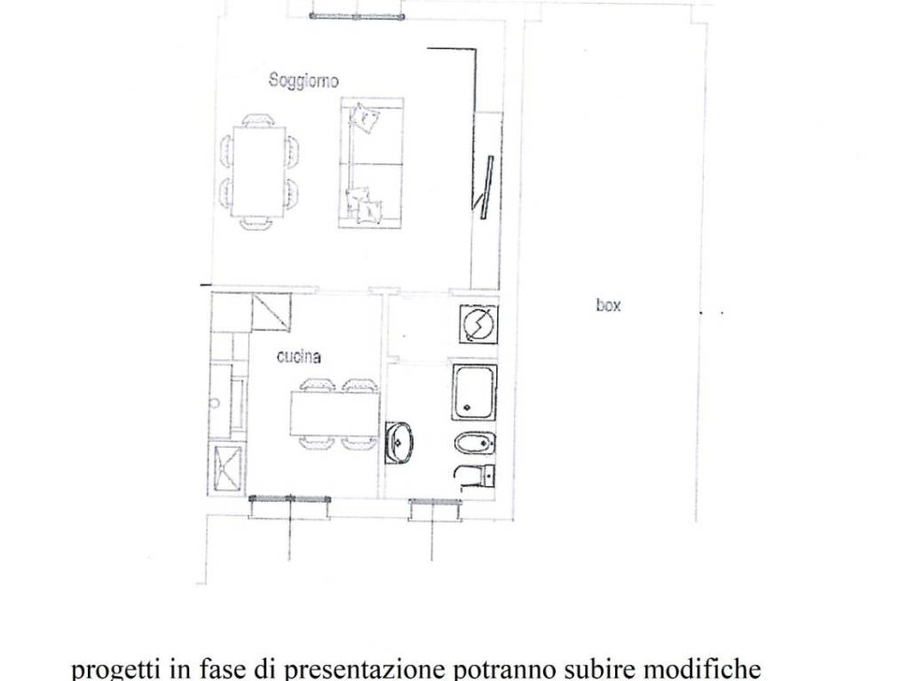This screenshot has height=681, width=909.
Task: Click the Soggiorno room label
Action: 304,81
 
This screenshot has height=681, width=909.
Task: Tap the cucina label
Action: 298,357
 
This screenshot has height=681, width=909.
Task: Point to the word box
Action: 608,305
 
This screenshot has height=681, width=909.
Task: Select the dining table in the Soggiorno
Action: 258,171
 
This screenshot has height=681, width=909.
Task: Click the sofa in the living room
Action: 370,162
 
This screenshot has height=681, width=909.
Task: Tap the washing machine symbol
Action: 478,323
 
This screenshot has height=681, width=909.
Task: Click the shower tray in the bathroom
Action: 474,391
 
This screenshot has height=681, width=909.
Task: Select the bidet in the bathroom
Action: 474,443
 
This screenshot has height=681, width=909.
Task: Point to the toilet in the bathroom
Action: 476,476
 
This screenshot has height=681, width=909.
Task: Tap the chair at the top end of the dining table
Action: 257,120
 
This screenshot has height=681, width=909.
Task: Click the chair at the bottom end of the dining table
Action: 257,223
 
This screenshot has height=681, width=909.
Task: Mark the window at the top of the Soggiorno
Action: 356,14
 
